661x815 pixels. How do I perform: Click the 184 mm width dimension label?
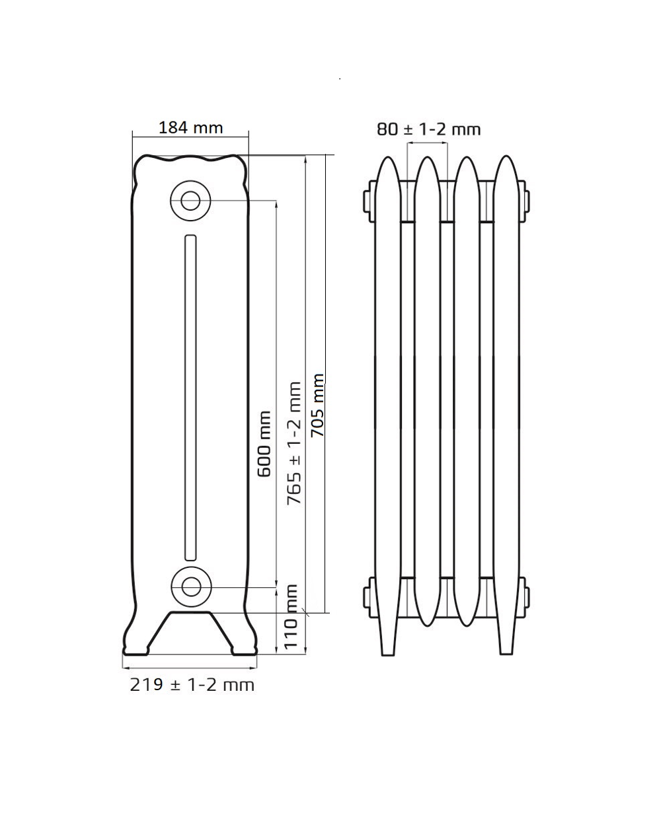(x=191, y=128)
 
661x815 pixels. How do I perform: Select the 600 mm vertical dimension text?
(x=264, y=444)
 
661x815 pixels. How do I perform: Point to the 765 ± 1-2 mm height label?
(x=294, y=443)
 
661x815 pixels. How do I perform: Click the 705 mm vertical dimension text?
(x=317, y=406)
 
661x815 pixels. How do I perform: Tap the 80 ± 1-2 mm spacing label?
(x=428, y=129)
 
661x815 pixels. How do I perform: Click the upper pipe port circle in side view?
(x=190, y=201)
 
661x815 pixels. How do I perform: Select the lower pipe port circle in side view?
(x=191, y=586)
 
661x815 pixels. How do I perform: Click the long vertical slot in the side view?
(x=191, y=398)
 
